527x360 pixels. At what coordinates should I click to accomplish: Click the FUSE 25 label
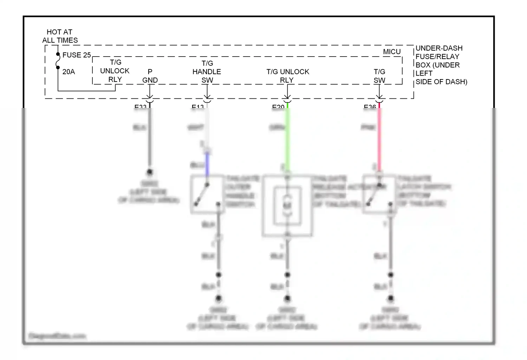[x=76, y=55]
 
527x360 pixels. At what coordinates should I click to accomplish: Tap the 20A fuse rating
[x=69, y=72]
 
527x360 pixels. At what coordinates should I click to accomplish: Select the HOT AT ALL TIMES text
[x=60, y=36]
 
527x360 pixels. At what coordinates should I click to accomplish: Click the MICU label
[x=392, y=52]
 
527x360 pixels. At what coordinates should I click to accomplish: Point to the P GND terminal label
[x=150, y=76]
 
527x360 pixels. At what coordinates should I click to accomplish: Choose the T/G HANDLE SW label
[x=207, y=72]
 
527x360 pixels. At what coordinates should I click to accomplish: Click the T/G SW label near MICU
[x=379, y=76]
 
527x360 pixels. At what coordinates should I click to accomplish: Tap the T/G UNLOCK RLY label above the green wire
[x=287, y=76]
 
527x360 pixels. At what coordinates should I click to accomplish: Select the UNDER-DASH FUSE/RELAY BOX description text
[x=441, y=65]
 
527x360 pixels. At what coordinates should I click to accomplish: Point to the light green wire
[x=287, y=137]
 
